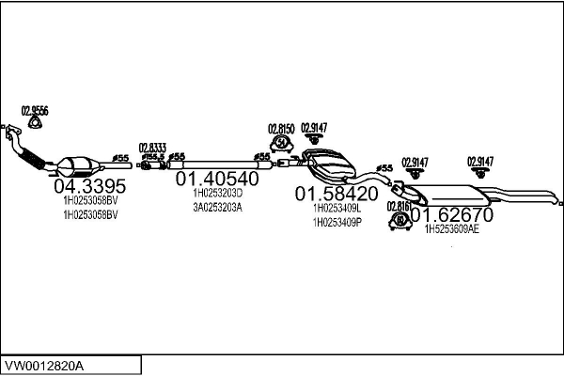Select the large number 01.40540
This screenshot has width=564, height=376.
pos(217,179)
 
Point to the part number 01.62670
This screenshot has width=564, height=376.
pos(452,214)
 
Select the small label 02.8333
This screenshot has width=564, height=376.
pos(152,147)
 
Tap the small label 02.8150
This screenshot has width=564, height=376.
pos(281,129)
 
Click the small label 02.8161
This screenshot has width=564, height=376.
pos(399,206)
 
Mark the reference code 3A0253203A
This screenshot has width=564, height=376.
pos(217,207)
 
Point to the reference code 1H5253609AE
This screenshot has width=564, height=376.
pos(452,228)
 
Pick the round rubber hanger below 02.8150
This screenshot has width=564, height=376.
pos(280,143)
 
